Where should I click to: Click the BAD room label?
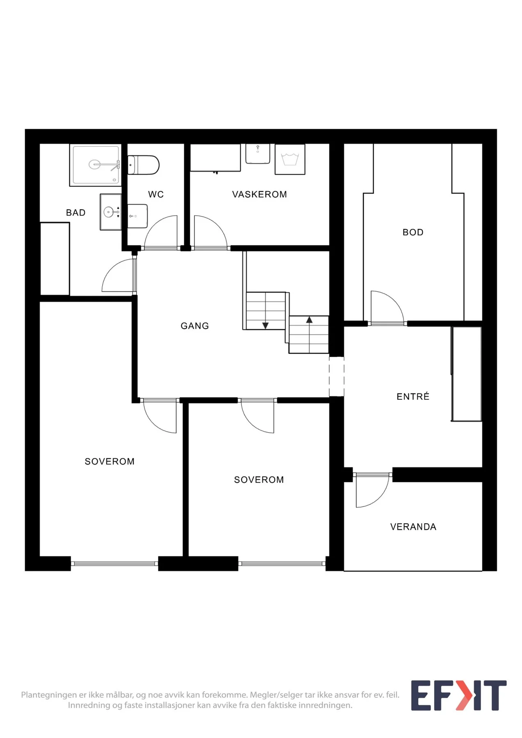[76, 212]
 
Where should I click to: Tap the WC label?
[156, 194]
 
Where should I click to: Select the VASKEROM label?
[260, 194]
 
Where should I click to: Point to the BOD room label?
[413, 232]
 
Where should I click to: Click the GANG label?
[195, 326]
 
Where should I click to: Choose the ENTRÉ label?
[413, 396]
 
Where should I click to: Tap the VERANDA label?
[413, 527]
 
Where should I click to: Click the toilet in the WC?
[143, 165]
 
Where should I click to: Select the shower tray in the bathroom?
[96, 165]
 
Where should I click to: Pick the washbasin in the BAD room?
[111, 212]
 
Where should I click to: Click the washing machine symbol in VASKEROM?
[290, 159]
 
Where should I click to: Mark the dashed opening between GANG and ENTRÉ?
[337, 376]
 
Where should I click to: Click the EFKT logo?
[459, 695]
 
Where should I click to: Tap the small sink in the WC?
[137, 216]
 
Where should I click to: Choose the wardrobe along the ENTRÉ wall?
[467, 374]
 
